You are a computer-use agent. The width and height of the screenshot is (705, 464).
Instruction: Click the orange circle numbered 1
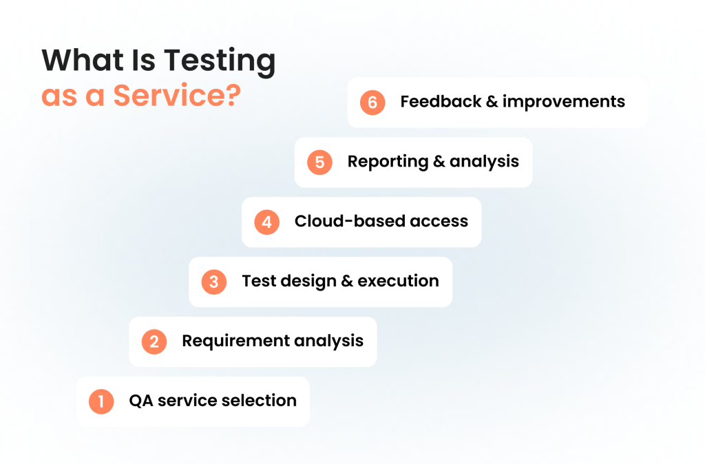[101, 401]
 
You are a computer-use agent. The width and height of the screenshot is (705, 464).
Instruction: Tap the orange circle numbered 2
[154, 341]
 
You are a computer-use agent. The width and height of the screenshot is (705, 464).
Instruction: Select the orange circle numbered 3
[214, 282]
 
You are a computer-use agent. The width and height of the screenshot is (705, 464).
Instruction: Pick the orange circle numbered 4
[266, 222]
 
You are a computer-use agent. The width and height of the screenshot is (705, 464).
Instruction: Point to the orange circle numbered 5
[319, 162]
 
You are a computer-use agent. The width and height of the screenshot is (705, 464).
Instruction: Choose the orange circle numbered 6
[372, 103]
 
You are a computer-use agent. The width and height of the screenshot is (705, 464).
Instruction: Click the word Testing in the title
[220, 61]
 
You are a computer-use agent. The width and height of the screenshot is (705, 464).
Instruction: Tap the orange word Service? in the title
[177, 95]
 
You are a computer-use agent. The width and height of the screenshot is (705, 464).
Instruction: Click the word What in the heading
[83, 59]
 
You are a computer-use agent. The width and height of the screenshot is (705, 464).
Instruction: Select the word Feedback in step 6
[441, 102]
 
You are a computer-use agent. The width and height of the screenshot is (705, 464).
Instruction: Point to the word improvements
[564, 102]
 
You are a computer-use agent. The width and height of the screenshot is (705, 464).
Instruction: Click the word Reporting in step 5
[388, 162]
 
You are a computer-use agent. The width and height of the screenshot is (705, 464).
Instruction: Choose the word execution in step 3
[399, 281]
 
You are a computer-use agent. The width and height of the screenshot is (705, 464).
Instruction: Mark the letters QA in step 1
[140, 401]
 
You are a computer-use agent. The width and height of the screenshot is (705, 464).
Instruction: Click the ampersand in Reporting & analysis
[439, 161]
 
